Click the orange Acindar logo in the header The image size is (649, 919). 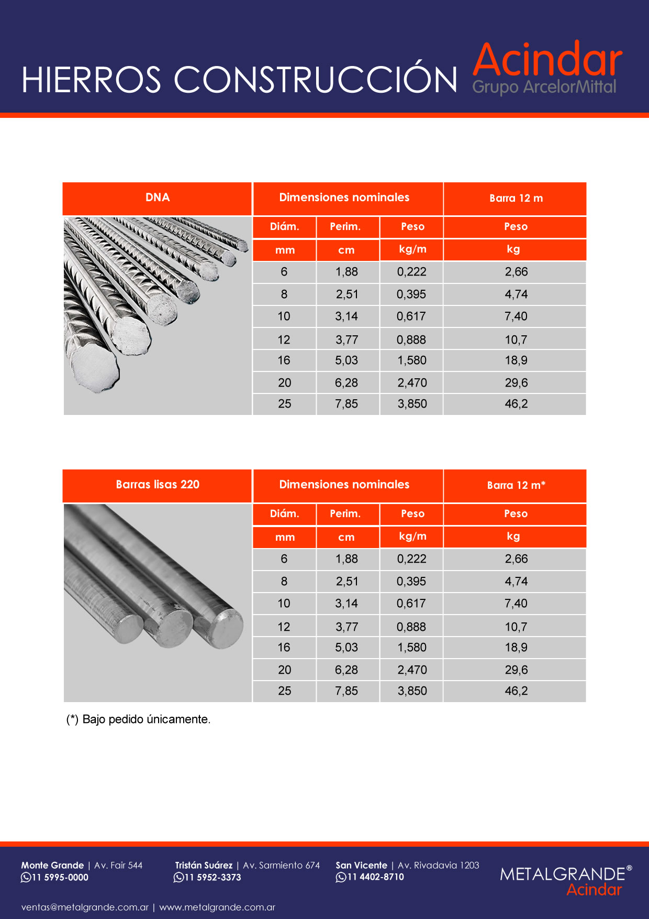click(x=547, y=60)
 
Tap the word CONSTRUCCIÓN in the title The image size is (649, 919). click(x=315, y=80)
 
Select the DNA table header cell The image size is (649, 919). click(x=158, y=198)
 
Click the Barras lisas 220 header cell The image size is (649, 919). click(x=158, y=485)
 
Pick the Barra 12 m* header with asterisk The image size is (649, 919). click(x=516, y=485)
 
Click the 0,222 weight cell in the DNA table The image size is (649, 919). click(x=411, y=272)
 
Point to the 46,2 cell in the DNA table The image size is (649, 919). click(x=516, y=404)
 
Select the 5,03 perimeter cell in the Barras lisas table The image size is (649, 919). click(x=346, y=648)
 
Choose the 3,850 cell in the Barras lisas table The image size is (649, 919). click(x=412, y=691)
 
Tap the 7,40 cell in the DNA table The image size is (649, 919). click(x=516, y=316)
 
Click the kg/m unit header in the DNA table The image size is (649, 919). click(x=412, y=249)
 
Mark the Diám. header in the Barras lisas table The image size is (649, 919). click(x=284, y=514)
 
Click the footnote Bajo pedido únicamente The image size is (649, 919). click(x=139, y=719)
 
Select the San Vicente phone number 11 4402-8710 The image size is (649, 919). click(x=375, y=877)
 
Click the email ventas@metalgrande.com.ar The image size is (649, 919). click(x=85, y=907)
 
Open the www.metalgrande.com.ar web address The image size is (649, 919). click(x=217, y=907)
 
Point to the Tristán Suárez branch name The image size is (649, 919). click(x=204, y=866)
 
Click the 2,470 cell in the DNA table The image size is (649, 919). click(x=412, y=383)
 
